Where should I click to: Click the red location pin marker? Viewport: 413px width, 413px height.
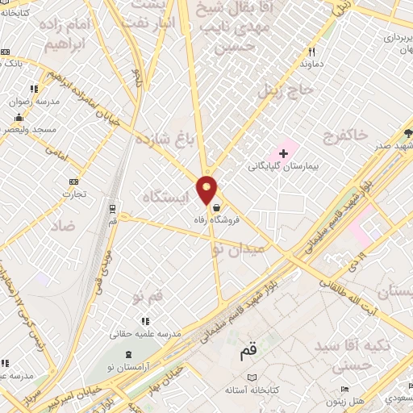click(x=207, y=189)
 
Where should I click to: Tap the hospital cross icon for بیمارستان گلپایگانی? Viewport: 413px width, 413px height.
click(x=283, y=152)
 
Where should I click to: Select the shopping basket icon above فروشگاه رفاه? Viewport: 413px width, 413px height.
click(x=216, y=207)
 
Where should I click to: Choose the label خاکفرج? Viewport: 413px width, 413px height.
click(x=345, y=135)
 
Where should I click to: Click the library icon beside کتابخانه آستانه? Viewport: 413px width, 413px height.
click(x=252, y=378)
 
